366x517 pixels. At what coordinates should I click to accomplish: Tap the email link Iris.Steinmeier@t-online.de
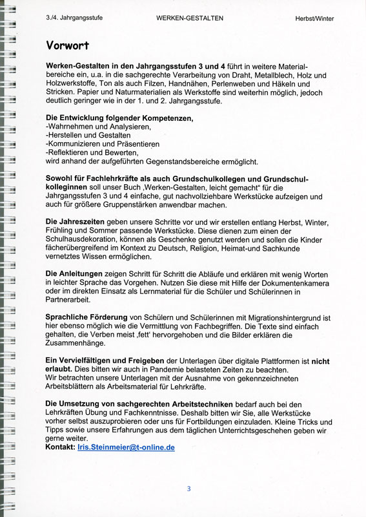point(125,447)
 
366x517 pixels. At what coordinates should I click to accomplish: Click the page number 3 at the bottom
point(188,489)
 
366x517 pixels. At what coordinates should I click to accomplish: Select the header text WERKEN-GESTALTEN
point(190,19)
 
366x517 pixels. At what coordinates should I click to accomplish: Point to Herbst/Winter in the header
point(316,19)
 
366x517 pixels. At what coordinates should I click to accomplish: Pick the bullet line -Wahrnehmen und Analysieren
point(89,127)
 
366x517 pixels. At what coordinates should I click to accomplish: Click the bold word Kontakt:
point(61,447)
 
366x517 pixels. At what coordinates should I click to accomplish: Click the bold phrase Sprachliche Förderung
point(86,317)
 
